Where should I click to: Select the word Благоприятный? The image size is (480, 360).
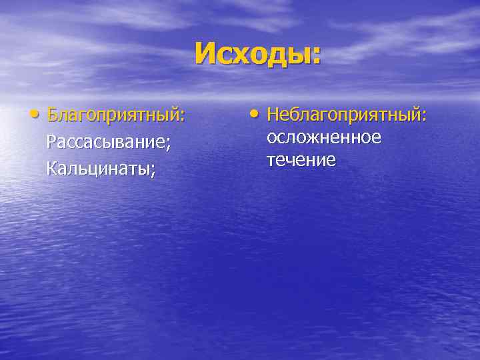[x=113, y=115]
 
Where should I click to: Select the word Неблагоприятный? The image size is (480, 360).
[x=343, y=115]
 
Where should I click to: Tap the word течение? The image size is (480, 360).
[x=301, y=160]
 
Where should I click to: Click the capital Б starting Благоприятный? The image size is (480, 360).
[x=52, y=115]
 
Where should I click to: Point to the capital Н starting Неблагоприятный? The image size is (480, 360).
[x=273, y=115]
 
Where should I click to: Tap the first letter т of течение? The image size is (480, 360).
[x=271, y=161]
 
